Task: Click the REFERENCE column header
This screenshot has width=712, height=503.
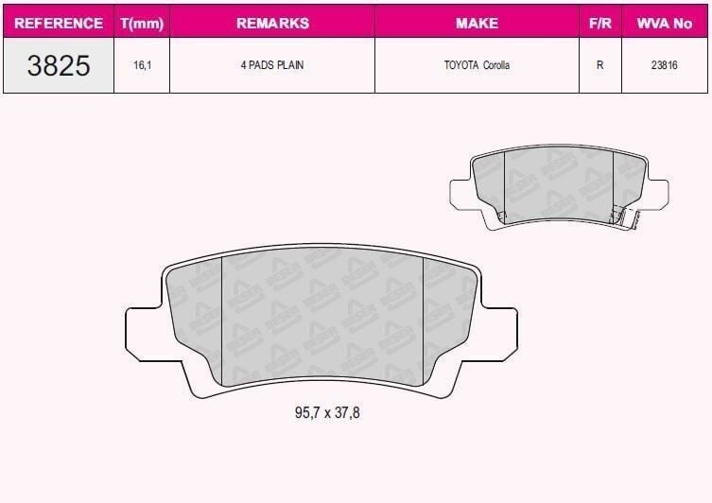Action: click(59, 23)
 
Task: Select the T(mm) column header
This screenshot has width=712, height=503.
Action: click(142, 23)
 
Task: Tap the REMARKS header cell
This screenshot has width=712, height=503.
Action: click(272, 23)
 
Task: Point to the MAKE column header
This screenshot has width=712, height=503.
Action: click(477, 23)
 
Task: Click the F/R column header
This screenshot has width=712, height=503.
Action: click(599, 23)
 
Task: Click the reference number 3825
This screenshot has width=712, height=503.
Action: click(59, 65)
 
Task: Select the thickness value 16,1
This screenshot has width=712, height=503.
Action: click(142, 66)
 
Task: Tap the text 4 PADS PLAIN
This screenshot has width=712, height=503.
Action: click(272, 66)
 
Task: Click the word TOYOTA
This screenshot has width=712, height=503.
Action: click(461, 66)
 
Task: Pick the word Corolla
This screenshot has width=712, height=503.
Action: click(496, 66)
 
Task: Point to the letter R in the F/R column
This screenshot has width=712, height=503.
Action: click(599, 66)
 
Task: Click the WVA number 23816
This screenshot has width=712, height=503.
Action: click(664, 66)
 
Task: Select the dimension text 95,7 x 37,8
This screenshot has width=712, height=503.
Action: click(321, 413)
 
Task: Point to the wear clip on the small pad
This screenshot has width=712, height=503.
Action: click(618, 217)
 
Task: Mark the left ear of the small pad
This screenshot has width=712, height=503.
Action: click(461, 191)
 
